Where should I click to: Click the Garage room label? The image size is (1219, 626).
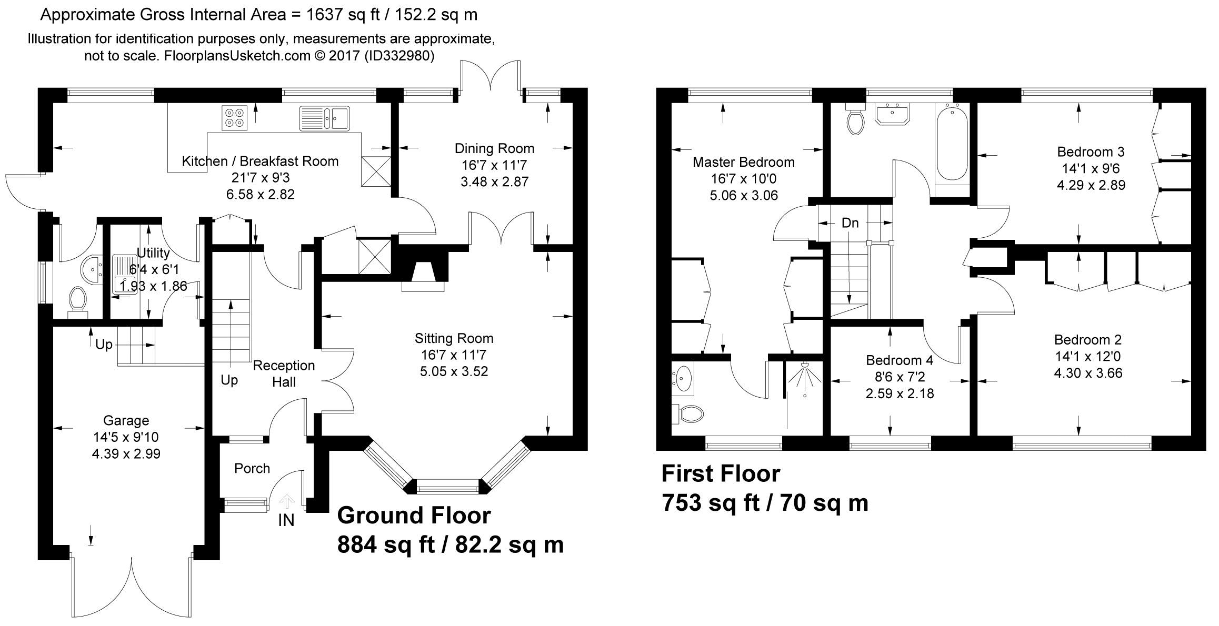[x=126, y=420]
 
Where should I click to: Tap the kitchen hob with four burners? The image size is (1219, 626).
[x=235, y=118]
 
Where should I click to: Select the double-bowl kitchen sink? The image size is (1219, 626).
[x=325, y=118]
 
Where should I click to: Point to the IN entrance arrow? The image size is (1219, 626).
[x=286, y=501]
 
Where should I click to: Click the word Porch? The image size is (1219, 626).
[x=252, y=468]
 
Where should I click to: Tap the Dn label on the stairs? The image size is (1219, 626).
[x=850, y=223]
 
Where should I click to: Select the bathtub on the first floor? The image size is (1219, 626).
[x=953, y=142]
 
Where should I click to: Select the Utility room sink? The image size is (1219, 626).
[x=125, y=274]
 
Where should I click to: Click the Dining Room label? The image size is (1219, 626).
[x=495, y=149]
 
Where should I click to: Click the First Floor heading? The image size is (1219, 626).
[x=721, y=473]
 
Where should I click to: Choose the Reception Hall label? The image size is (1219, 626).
[x=284, y=373]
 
